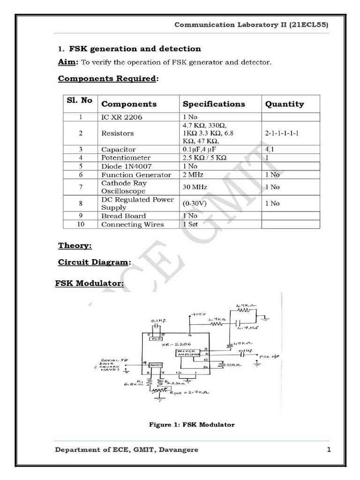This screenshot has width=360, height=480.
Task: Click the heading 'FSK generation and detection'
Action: click(135, 49)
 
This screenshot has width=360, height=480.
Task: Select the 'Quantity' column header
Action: click(285, 104)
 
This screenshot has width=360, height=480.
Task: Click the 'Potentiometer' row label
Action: click(126, 157)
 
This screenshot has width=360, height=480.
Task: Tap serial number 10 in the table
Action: click(81, 225)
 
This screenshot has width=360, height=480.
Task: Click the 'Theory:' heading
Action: click(75, 246)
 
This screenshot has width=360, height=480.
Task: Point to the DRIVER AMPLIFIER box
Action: click(188, 354)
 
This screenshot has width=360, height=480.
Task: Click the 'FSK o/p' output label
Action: click(270, 356)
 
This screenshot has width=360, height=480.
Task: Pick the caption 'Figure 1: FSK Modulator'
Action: click(191, 425)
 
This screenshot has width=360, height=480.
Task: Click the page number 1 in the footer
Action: click(329, 450)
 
